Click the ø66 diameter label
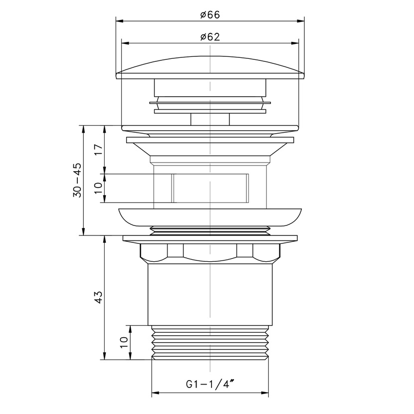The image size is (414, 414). (x=210, y=15)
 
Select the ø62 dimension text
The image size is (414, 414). (x=210, y=37)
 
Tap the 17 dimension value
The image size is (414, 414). (x=98, y=150)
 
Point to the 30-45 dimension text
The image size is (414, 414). (x=77, y=181)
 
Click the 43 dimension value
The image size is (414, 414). (x=98, y=297)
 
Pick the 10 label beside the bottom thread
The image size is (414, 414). (x=124, y=343)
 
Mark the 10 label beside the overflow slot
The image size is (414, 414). (x=98, y=188)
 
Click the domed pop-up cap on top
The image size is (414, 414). (x=210, y=68)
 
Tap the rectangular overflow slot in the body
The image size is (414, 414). (x=210, y=188)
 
